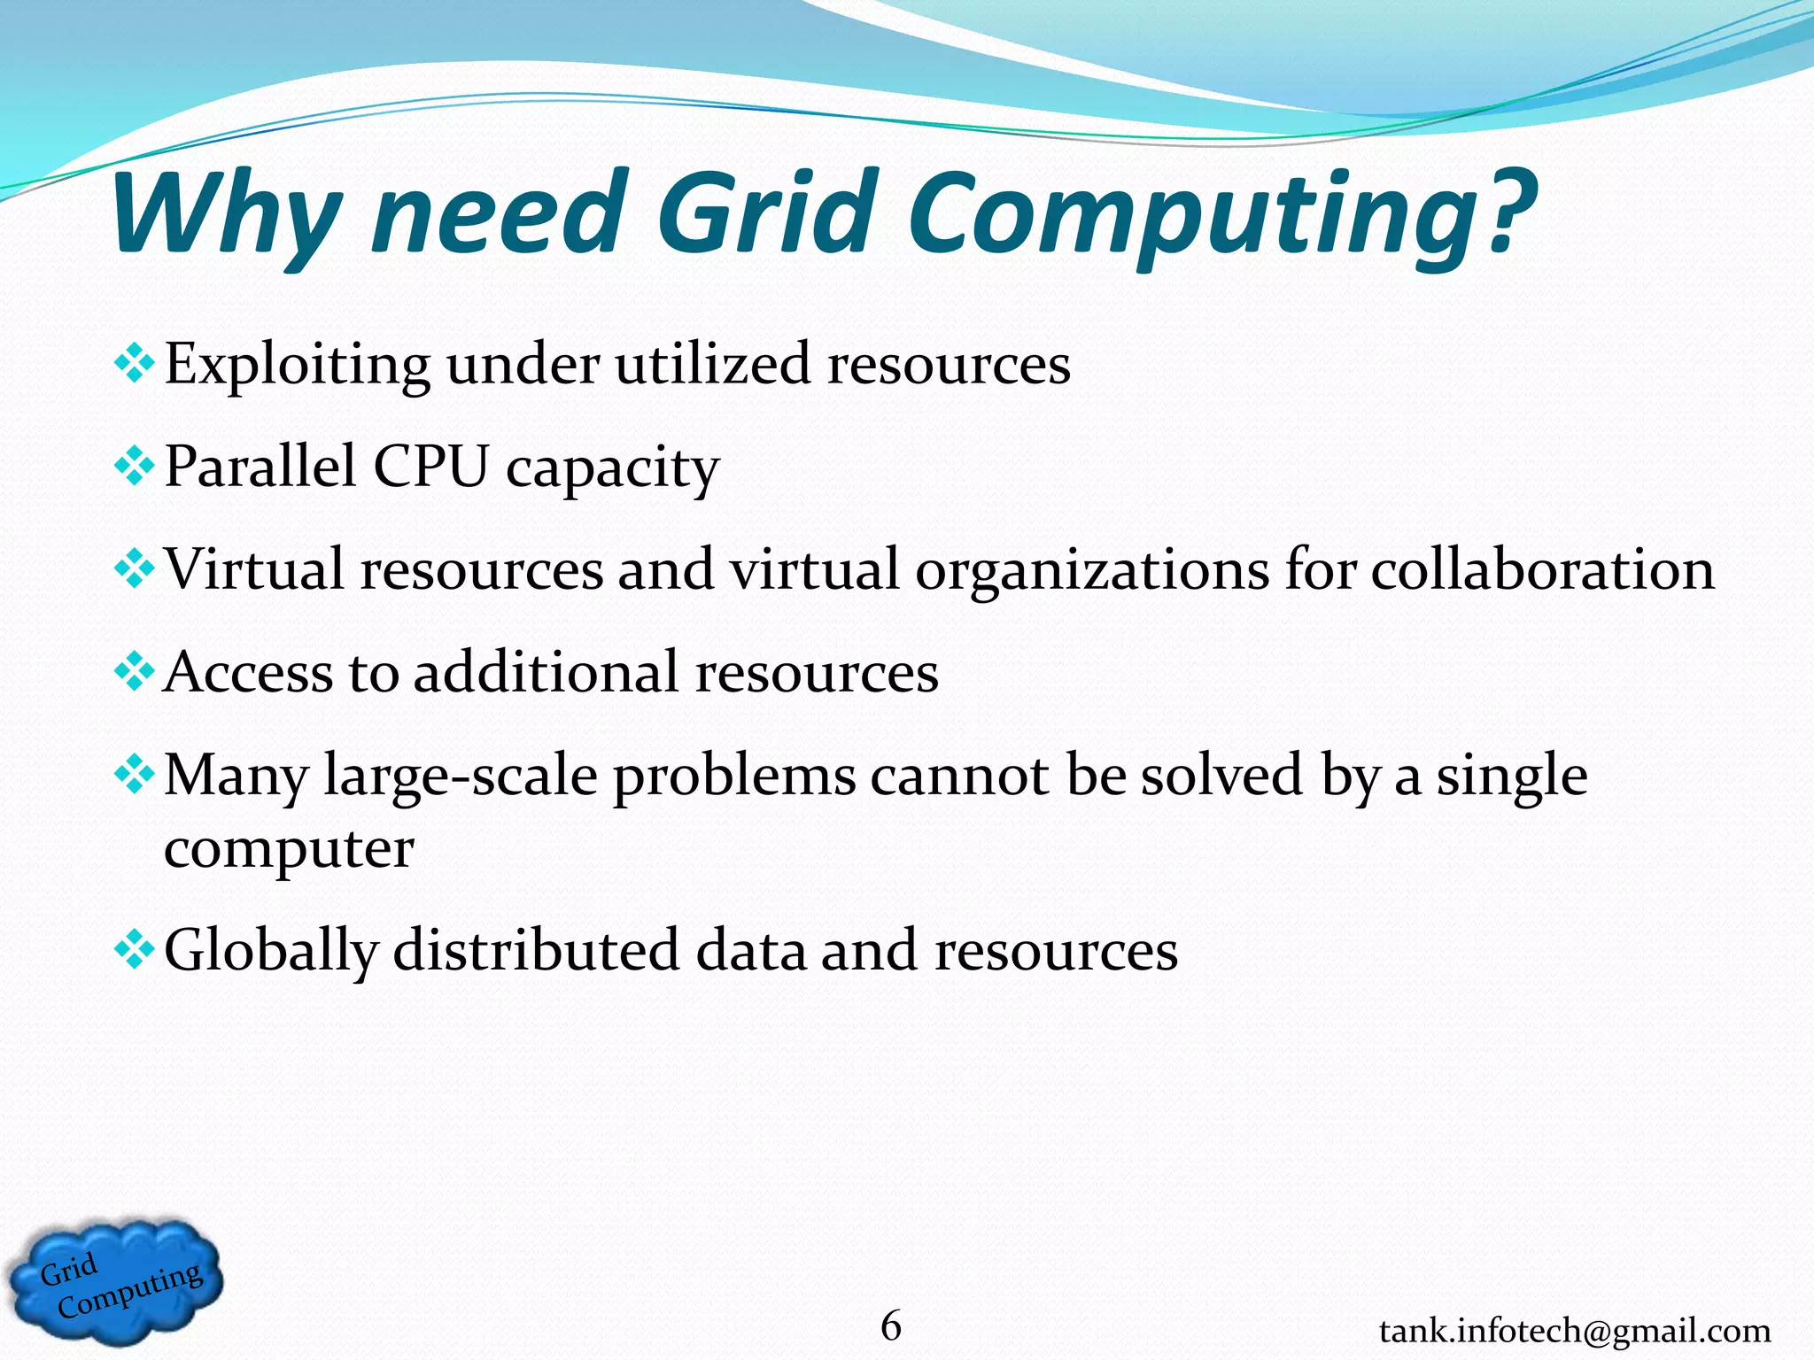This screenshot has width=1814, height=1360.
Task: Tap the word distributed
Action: point(536,950)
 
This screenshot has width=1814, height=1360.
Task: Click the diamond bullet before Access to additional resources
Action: point(135,673)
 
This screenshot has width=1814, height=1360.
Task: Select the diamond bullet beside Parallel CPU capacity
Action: point(135,467)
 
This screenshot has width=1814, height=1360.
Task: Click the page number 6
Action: point(891,1325)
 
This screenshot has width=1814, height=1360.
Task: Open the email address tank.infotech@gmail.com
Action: point(1574,1331)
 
